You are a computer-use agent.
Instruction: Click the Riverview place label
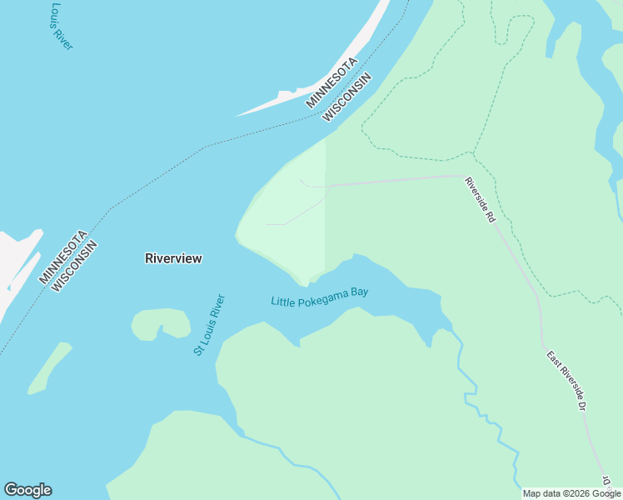pos(173,258)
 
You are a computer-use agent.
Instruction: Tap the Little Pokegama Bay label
pos(319,296)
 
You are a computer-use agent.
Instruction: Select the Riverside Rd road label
pos(480,200)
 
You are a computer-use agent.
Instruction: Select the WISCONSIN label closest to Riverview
pos(75,267)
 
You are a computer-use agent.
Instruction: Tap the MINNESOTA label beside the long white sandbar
pos(331,82)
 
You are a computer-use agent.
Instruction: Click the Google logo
pos(27,490)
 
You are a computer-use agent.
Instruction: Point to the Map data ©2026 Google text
pos(572,493)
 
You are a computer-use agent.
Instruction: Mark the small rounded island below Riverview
pos(160,322)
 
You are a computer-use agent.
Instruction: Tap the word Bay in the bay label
pos(359,292)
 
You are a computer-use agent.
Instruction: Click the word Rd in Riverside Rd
pos(490,216)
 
